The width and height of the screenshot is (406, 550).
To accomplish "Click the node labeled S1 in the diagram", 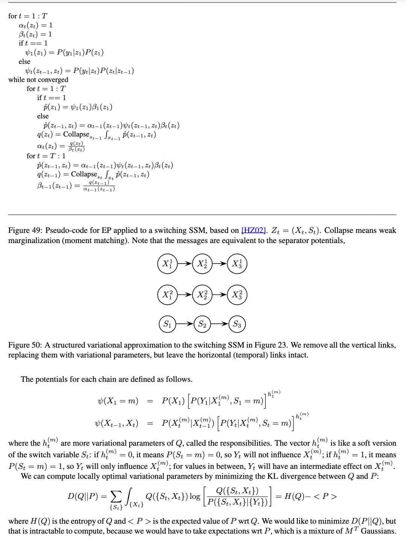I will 167,324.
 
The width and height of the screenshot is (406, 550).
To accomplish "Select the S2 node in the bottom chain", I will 202,324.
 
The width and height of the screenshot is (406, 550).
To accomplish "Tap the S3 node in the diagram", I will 237,324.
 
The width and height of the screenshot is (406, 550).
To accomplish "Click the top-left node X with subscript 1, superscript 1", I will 167,263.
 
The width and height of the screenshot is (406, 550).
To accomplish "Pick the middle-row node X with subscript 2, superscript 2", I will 202,295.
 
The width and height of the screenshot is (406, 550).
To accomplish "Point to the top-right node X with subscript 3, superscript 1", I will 237,263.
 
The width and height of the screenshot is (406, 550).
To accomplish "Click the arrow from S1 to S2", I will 185,324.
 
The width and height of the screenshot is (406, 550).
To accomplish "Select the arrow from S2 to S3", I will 220,324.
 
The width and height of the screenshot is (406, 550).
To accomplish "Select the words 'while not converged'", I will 38,80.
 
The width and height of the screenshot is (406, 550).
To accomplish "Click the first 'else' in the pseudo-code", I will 24,62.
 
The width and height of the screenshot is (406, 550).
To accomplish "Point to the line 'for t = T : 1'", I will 46,156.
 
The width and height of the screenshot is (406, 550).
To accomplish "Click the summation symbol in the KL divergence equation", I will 116,497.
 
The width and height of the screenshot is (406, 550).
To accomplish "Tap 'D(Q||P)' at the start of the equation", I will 83,496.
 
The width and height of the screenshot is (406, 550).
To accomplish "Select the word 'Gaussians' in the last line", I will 378,531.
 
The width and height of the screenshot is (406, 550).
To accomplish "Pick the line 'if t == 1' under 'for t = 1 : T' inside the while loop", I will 52,98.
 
